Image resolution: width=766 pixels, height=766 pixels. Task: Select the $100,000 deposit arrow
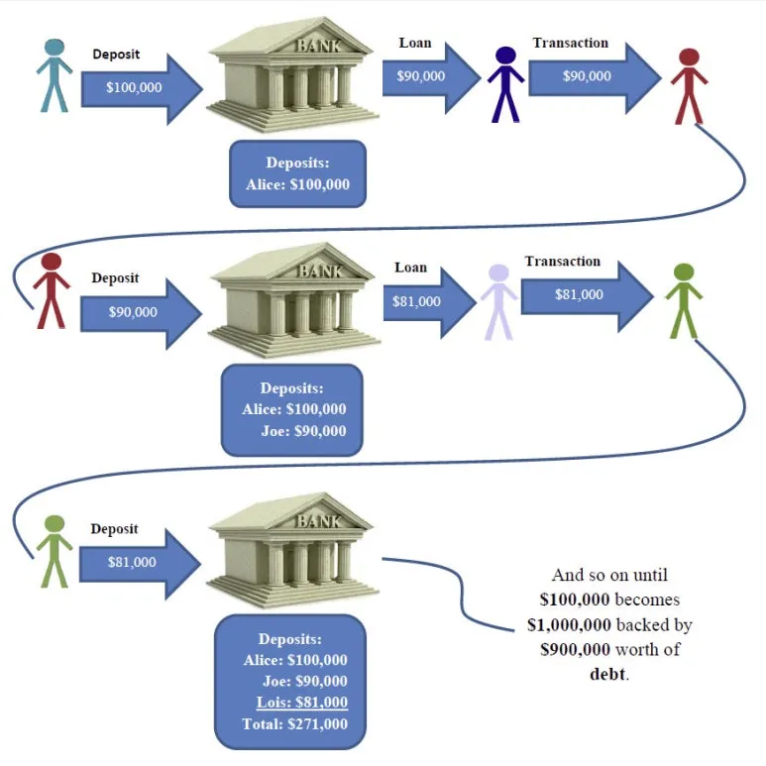point(139,87)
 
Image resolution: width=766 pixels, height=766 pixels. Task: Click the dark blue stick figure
point(505,84)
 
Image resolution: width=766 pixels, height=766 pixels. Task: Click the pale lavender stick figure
point(498,301)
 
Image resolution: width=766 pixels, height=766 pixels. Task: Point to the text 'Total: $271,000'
point(295,723)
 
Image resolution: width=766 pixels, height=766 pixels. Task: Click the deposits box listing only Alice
point(297,173)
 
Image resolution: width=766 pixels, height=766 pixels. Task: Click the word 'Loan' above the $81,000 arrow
point(410,268)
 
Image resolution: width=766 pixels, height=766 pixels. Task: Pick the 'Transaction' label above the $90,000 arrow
point(570,43)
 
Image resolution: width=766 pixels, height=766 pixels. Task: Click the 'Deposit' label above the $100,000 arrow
point(116,55)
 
